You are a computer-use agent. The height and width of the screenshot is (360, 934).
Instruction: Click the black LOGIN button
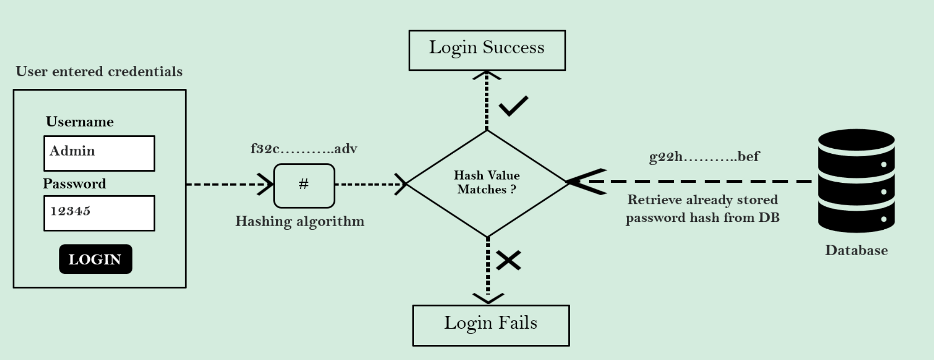(x=95, y=259)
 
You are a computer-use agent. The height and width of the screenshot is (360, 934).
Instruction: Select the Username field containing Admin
(x=99, y=153)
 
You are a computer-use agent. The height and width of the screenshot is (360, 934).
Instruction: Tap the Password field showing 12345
(x=99, y=213)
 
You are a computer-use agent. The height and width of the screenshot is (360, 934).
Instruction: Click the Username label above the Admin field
(x=80, y=122)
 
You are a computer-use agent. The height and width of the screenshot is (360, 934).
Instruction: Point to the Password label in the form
(x=74, y=184)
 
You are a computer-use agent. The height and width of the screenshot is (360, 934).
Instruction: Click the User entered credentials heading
(x=99, y=71)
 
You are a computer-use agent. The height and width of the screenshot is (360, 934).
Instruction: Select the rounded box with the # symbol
(x=304, y=186)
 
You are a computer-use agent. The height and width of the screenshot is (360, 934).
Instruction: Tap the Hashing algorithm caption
(x=300, y=221)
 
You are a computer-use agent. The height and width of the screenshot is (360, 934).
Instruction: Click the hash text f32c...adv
(x=304, y=149)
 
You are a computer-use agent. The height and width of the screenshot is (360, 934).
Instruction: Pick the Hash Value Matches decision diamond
(x=487, y=183)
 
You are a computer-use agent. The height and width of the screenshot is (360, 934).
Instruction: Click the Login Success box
(x=487, y=50)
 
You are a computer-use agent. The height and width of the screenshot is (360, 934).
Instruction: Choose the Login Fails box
(x=490, y=325)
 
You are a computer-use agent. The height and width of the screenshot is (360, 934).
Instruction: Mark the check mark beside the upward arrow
(x=513, y=106)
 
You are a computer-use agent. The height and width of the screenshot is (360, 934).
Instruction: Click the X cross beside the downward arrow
(x=508, y=260)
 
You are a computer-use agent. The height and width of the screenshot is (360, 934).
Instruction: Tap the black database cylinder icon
(x=856, y=180)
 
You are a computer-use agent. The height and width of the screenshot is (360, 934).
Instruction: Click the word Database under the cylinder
(x=856, y=250)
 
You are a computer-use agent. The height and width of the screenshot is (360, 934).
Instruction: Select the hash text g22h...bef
(x=704, y=157)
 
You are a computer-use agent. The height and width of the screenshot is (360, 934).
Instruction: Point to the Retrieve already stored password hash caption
(x=702, y=209)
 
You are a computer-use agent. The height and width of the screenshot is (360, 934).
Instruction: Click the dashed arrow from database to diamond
(x=691, y=181)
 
